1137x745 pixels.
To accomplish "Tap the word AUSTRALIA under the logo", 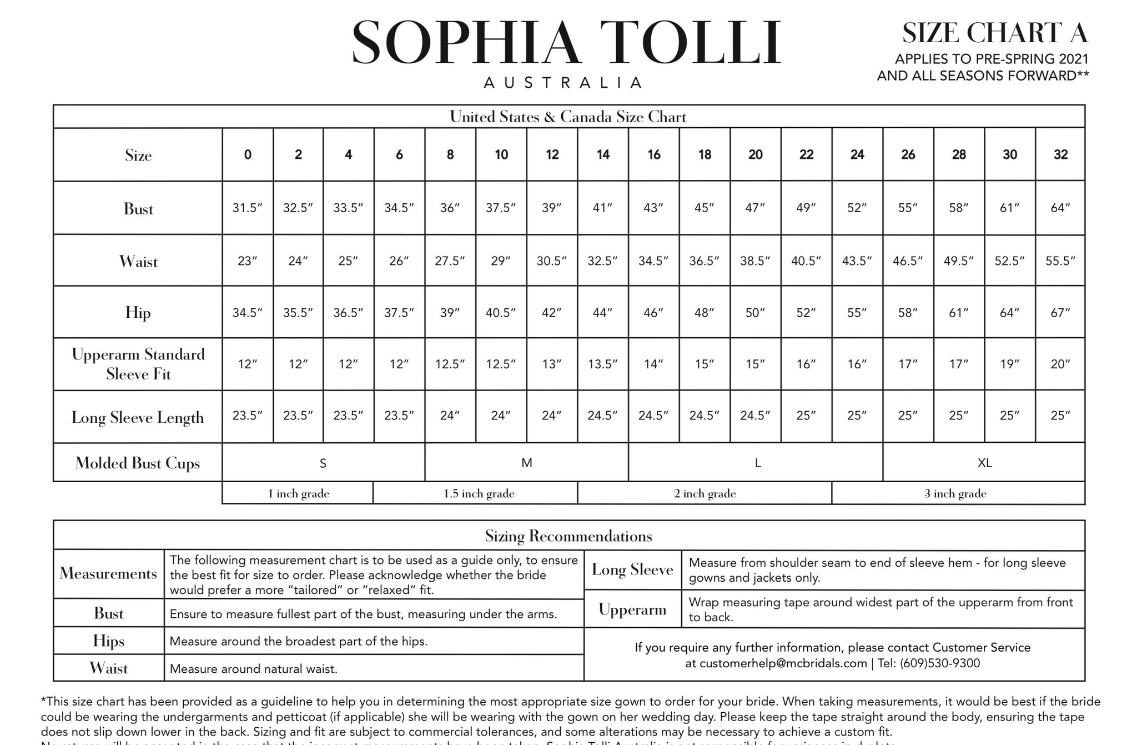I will pyautogui.click(x=563, y=83).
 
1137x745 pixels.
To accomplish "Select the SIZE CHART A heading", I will pyautogui.click(x=994, y=33).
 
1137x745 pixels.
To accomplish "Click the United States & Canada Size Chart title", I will pyautogui.click(x=568, y=117).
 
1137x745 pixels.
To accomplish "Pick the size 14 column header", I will pyautogui.click(x=603, y=154).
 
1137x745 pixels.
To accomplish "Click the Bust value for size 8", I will pyautogui.click(x=450, y=208).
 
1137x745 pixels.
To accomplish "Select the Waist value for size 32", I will pyautogui.click(x=1060, y=261).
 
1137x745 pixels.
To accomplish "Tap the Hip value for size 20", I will pyautogui.click(x=755, y=313).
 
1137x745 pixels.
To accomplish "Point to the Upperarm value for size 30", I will pyautogui.click(x=1009, y=364).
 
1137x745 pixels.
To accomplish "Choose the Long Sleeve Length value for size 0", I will pyautogui.click(x=247, y=416).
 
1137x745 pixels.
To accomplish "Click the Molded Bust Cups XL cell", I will pyautogui.click(x=984, y=463).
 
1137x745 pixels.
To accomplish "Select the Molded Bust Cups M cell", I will pyautogui.click(x=526, y=463).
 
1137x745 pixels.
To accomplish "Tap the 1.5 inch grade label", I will pyautogui.click(x=479, y=493).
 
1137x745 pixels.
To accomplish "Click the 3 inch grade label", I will pyautogui.click(x=955, y=493).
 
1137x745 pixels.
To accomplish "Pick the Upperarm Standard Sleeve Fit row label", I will pyautogui.click(x=138, y=364).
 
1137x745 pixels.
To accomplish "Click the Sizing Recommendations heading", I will pyautogui.click(x=568, y=536).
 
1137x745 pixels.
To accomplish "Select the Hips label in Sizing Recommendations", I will pyautogui.click(x=108, y=641).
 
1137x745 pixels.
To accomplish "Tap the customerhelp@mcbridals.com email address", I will pyautogui.click(x=783, y=663).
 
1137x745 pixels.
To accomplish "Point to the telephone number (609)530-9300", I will pyautogui.click(x=939, y=663).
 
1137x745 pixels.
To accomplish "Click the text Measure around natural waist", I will pyautogui.click(x=253, y=669).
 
